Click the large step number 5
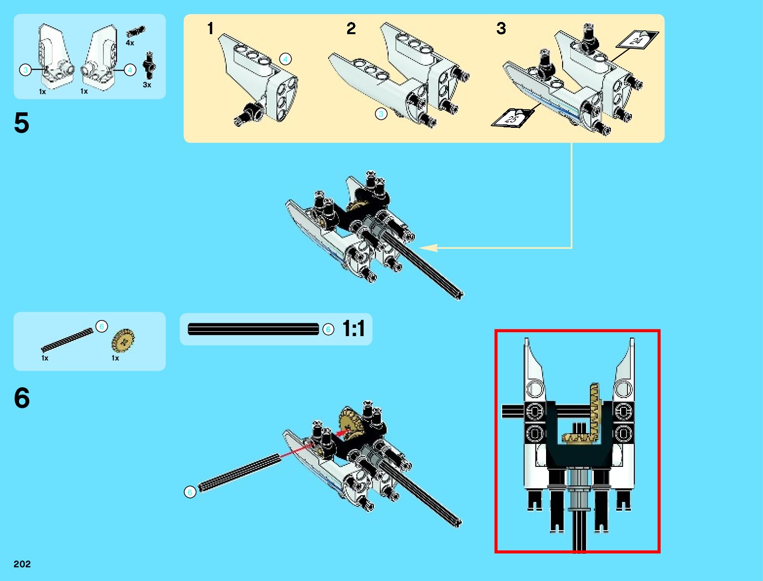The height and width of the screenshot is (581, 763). click(21, 122)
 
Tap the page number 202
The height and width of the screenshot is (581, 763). click(22, 564)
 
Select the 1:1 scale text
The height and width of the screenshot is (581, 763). click(353, 329)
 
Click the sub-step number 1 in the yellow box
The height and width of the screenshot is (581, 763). click(210, 28)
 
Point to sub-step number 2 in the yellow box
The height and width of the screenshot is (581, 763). click(351, 28)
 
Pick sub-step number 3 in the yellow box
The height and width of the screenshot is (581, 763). click(501, 28)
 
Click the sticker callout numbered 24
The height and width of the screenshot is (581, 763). click(637, 40)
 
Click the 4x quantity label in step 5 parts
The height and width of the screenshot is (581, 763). click(130, 43)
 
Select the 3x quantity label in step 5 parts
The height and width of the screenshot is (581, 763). click(147, 85)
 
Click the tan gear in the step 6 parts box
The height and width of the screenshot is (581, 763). click(122, 341)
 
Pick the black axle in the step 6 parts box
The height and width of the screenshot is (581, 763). click(67, 340)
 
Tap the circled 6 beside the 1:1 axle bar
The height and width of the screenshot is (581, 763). click(328, 329)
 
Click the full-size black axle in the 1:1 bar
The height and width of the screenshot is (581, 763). click(253, 329)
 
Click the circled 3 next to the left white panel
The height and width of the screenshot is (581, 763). click(26, 70)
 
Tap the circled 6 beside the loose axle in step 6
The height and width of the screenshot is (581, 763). click(190, 492)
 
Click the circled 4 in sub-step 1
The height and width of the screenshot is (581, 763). click(285, 59)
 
